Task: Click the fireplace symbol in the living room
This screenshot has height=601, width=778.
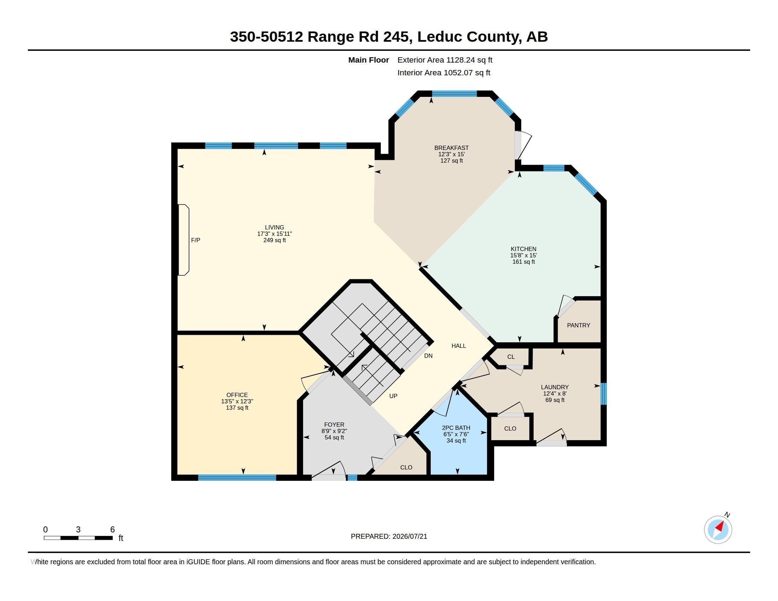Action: (x=184, y=240)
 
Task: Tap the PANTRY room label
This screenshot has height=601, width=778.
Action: (x=579, y=325)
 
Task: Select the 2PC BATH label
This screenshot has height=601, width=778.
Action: (x=456, y=428)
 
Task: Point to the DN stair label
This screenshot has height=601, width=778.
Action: (x=428, y=356)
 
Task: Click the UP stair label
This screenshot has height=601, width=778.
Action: (x=393, y=396)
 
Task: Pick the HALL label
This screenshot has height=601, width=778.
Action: (x=459, y=346)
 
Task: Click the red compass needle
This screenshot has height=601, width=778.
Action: (x=720, y=526)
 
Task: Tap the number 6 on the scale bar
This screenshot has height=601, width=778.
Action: (x=112, y=530)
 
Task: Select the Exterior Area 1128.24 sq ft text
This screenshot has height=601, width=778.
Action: (x=445, y=60)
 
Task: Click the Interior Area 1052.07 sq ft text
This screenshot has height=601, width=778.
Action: (x=444, y=72)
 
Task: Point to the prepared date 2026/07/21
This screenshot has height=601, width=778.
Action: (x=410, y=536)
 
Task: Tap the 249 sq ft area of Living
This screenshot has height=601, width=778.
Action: (x=275, y=240)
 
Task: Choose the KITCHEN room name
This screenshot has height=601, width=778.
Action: (x=524, y=249)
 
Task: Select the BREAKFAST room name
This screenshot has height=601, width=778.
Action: (x=451, y=148)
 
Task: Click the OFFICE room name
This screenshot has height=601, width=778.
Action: (x=237, y=395)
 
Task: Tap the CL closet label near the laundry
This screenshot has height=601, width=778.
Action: (x=511, y=357)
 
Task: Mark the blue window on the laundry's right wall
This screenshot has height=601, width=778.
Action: (x=603, y=393)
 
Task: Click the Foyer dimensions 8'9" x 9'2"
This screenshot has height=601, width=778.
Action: (x=334, y=431)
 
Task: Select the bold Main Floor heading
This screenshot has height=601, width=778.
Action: (x=369, y=60)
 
